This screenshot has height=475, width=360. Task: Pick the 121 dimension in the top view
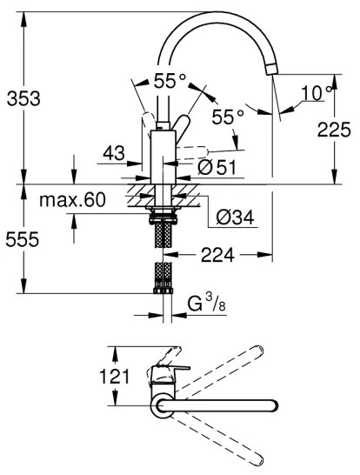115,377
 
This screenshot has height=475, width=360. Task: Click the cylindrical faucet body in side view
162,157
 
